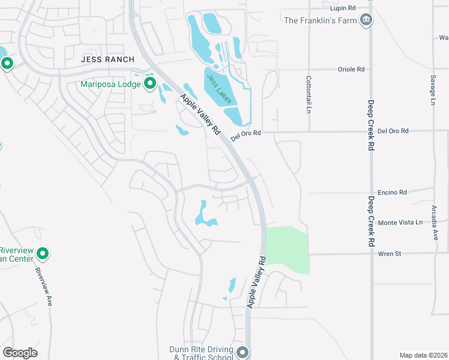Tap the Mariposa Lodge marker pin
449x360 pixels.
click(x=150, y=83)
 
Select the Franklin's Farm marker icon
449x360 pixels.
click(x=366, y=21)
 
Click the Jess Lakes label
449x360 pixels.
click(x=218, y=88)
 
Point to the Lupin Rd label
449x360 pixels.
click(x=343, y=8)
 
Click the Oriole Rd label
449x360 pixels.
click(x=352, y=69)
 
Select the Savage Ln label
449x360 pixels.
click(x=432, y=90)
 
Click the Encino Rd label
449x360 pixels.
click(x=394, y=192)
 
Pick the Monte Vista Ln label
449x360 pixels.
click(x=400, y=222)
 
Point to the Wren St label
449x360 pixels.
click(x=389, y=254)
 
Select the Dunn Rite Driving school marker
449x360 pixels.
click(x=243, y=352)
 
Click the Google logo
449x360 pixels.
click(x=20, y=353)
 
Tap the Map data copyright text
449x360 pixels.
click(x=423, y=355)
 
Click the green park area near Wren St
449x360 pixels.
click(x=288, y=249)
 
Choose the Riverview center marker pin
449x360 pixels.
click(x=42, y=254)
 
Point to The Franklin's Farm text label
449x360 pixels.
click(x=320, y=21)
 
